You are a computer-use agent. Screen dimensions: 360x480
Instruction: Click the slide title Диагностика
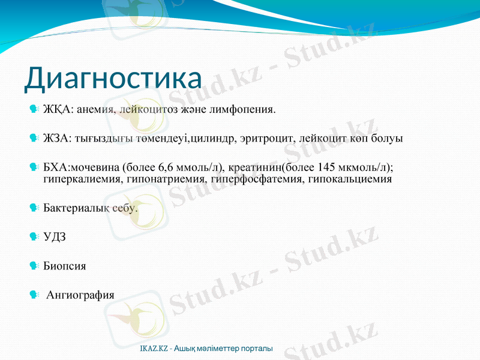[113, 79]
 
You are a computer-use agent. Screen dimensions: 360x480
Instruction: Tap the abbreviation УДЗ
[55, 237]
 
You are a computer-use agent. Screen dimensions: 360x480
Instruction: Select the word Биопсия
[65, 266]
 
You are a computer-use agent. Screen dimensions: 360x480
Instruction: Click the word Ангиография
[80, 295]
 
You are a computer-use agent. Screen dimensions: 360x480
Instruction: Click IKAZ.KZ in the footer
[154, 349]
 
